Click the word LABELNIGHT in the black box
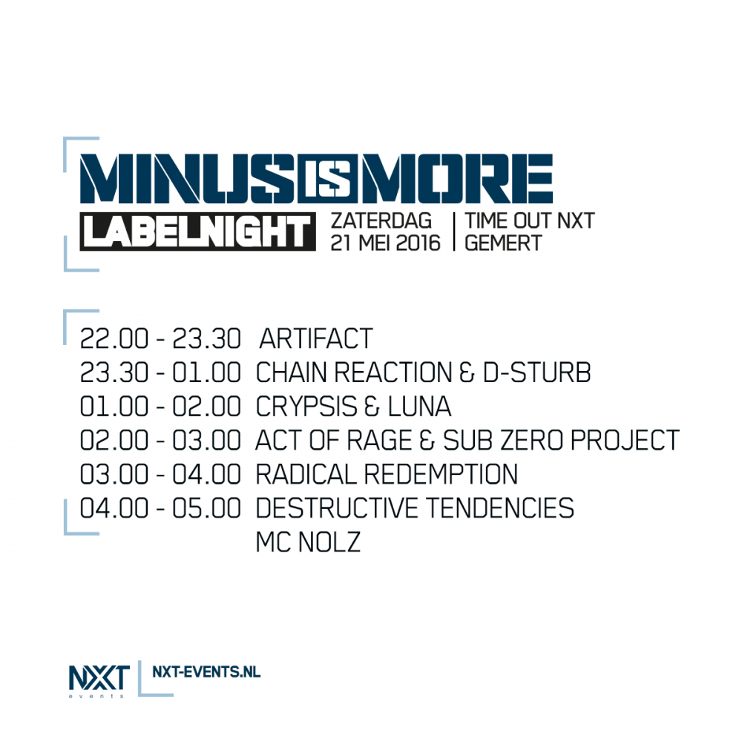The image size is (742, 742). tap(197, 232)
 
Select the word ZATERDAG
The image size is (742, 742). tap(381, 221)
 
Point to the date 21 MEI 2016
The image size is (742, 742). tap(385, 243)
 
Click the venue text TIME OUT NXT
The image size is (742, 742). tap(530, 221)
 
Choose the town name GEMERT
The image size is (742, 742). tap(503, 243)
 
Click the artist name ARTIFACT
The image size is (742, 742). tap(315, 338)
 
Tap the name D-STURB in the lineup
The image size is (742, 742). tap(537, 372)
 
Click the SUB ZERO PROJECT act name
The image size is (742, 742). tap(561, 441)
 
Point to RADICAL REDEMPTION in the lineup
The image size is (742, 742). tap(387, 475)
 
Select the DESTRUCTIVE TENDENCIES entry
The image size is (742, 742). tap(415, 508)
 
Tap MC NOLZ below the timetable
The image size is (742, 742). tap(308, 542)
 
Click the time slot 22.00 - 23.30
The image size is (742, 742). tap(160, 338)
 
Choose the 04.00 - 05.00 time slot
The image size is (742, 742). tap(160, 508)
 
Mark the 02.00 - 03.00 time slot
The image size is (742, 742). tap(160, 441)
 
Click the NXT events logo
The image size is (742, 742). tap(99, 680)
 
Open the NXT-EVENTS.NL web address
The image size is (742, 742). tap(206, 672)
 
